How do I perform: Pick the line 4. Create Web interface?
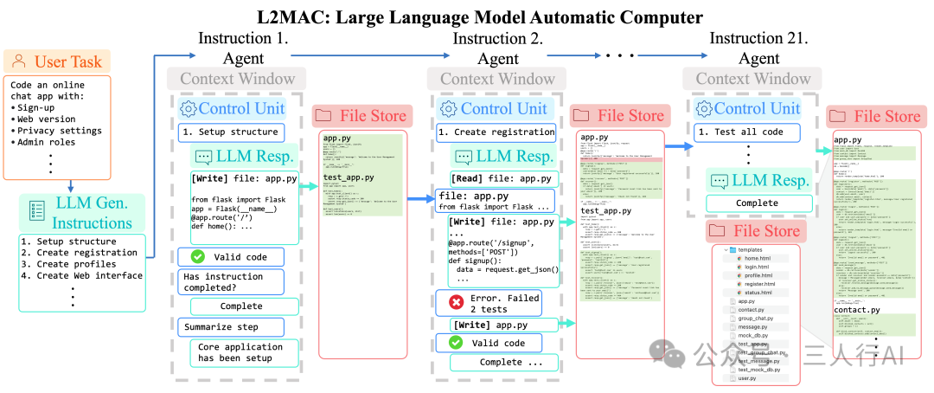coord(82,275)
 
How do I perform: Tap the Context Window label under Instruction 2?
coord(497,79)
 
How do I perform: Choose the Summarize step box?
coord(230,327)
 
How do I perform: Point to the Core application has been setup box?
coord(240,353)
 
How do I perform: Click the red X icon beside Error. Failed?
coord(455,303)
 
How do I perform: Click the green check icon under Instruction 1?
coord(197,256)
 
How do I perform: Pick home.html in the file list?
coord(758,258)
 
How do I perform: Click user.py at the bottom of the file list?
coord(746,378)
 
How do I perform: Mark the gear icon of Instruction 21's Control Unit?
coord(704,108)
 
